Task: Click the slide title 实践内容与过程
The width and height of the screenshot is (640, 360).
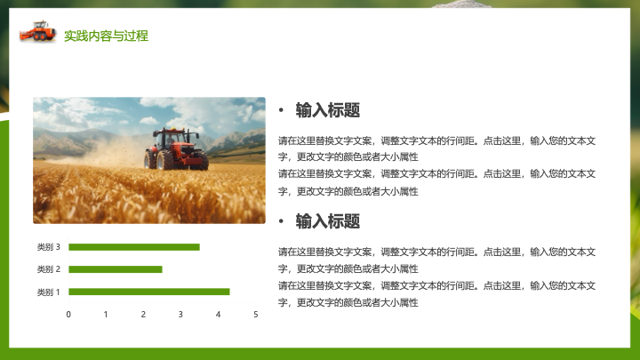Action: tap(106, 36)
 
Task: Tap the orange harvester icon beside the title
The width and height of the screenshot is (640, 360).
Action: tap(37, 31)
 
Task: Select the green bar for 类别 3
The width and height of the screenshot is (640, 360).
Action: tap(134, 247)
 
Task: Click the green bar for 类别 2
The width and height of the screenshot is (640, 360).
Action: tap(116, 269)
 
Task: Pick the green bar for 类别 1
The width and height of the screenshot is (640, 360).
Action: tap(149, 292)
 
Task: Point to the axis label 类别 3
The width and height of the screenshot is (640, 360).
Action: tap(49, 247)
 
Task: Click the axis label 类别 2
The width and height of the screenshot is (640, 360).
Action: tap(49, 269)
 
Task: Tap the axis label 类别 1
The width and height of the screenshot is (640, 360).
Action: tap(49, 292)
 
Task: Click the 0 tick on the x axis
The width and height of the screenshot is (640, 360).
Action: tap(68, 315)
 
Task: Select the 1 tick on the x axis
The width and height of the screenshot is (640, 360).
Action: tap(106, 315)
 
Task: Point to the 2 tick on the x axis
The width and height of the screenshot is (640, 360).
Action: tap(143, 315)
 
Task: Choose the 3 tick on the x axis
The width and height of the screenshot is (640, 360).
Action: tap(180, 315)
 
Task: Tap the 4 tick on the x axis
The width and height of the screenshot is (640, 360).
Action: tap(218, 315)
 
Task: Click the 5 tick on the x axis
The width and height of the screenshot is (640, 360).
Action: tap(255, 315)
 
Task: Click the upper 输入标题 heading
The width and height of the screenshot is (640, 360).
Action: tap(328, 110)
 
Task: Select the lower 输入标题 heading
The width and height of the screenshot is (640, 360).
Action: tap(328, 221)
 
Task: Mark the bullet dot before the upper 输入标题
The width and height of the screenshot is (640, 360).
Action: tap(281, 110)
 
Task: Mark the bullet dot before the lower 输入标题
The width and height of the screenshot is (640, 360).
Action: tap(281, 221)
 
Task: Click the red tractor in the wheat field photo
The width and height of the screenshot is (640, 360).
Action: tap(176, 149)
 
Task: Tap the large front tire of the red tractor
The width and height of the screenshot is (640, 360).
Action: tap(165, 160)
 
